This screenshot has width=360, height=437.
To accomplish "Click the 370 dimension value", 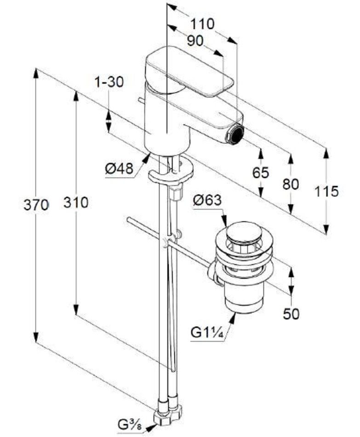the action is (x=36, y=206).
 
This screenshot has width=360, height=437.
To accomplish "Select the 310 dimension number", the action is (x=76, y=202).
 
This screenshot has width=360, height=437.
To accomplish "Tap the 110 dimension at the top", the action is (x=202, y=24).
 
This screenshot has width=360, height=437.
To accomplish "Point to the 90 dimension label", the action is (x=195, y=41).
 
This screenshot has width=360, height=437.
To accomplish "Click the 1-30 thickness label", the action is (x=109, y=82).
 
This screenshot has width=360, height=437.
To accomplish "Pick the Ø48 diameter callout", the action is (x=119, y=169).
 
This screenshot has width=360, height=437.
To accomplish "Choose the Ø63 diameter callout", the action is (x=207, y=201).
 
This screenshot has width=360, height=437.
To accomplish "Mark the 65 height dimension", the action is (x=261, y=173).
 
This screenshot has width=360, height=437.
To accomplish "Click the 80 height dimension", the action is (x=291, y=184).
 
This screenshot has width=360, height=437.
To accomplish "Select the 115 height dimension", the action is (x=326, y=191).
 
